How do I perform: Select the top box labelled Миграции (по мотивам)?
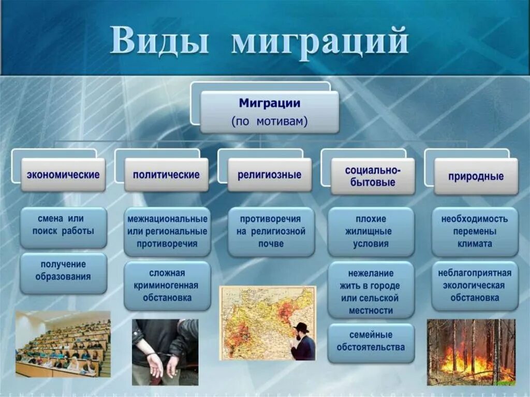tap(270, 112)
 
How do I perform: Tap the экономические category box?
tap(63, 175)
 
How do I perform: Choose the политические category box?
tap(166, 175)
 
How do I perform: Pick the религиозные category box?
tap(269, 175)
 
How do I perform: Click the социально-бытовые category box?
tap(373, 177)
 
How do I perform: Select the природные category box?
tap(476, 177)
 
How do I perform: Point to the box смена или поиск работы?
tap(64, 228)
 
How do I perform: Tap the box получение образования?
tap(64, 273)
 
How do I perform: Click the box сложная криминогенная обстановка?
tap(167, 286)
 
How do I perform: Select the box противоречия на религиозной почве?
tap(271, 232)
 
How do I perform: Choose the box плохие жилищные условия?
tap(371, 232)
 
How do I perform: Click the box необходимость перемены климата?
tap(475, 232)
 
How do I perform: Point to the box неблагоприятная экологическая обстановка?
tap(475, 286)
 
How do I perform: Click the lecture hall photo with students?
tap(63, 344)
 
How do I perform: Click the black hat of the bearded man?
tap(301, 327)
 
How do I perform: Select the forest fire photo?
tap(471, 352)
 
